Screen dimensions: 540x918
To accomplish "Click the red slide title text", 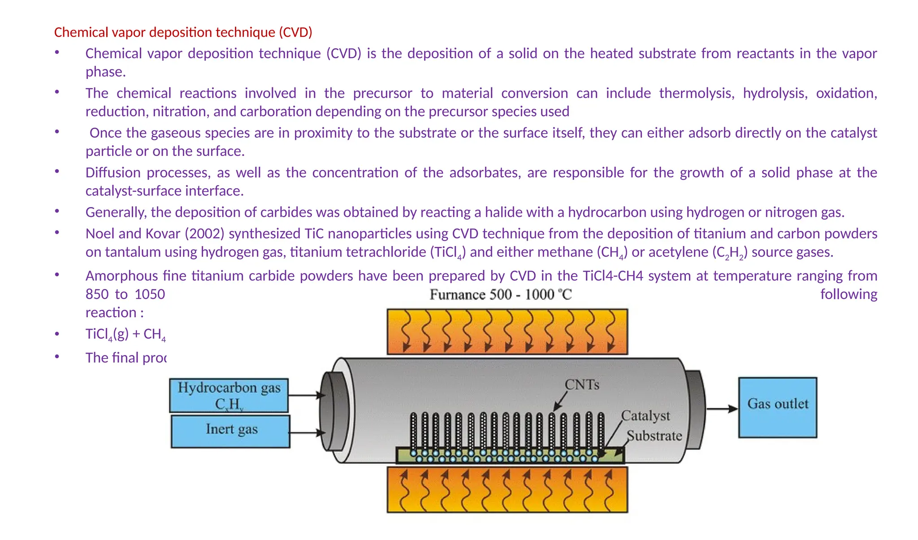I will [183, 32].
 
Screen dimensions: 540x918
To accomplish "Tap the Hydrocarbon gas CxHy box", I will [229, 395].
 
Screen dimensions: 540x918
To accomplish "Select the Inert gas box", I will [230, 431].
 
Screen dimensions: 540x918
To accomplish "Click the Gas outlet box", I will [778, 407].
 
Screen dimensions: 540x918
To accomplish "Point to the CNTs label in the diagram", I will [582, 384].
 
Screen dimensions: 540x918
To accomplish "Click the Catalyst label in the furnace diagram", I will [645, 416].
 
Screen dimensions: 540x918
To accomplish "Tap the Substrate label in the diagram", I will [654, 436].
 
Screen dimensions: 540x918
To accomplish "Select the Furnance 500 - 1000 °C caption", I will [501, 294].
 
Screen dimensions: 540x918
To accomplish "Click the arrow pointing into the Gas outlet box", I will [722, 409].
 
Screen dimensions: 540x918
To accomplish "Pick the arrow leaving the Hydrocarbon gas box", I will [306, 395].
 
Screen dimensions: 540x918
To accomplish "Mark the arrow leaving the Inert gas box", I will [307, 432].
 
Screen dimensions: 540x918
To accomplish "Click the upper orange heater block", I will [507, 332].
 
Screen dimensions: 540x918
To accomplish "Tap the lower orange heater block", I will [507, 489].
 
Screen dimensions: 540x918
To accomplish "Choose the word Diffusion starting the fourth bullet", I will [113, 173].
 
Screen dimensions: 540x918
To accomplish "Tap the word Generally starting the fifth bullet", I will [116, 212].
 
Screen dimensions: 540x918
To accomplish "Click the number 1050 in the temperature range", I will [150, 294].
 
